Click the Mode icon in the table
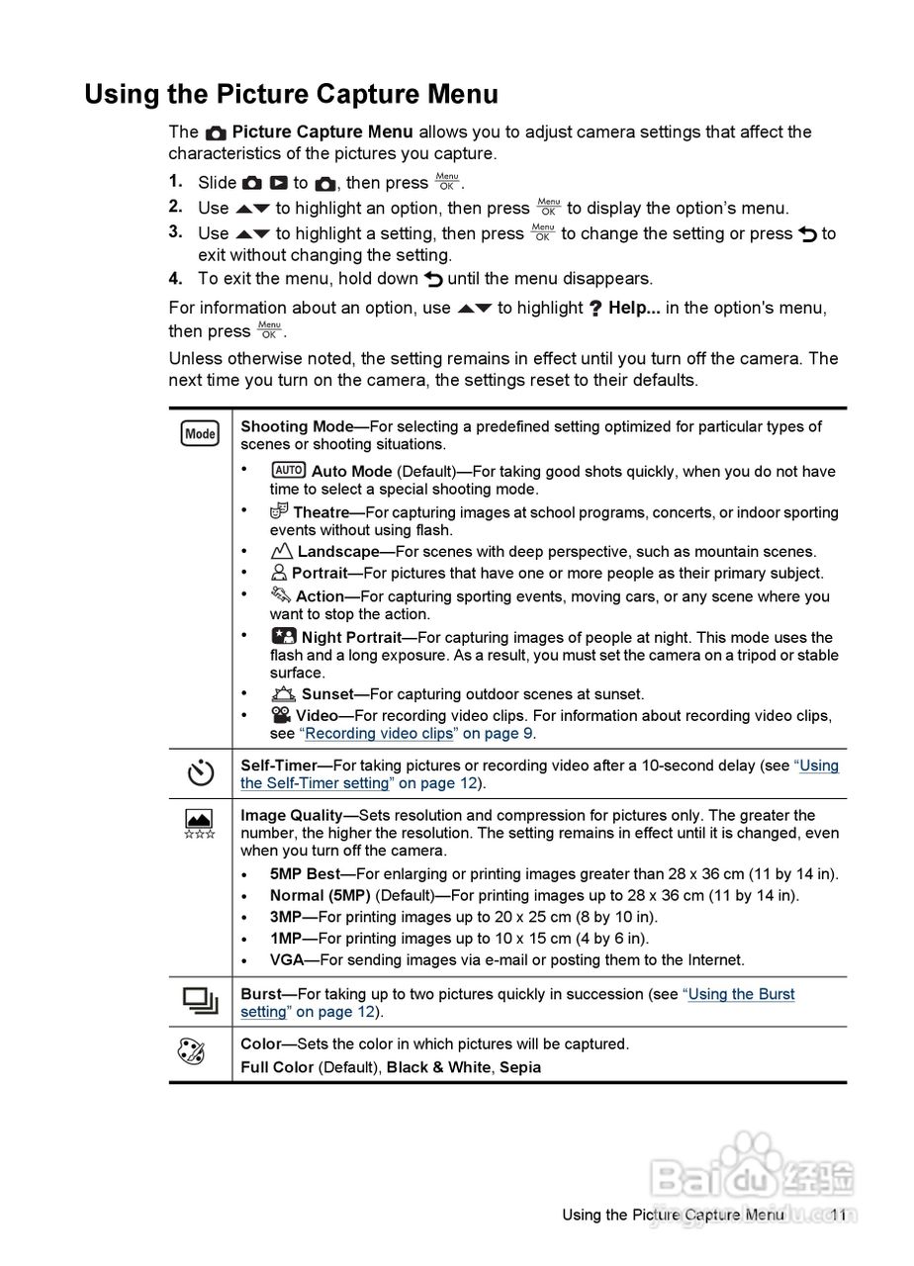point(200,433)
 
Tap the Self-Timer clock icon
point(200,772)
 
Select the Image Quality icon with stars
point(199,824)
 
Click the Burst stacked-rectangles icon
point(200,1001)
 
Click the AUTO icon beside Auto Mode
point(288,471)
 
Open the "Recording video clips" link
point(379,734)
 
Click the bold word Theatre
point(321,512)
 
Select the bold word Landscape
point(338,552)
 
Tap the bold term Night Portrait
point(351,638)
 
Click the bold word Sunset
point(327,694)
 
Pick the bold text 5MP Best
point(305,874)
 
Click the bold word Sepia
point(520,1067)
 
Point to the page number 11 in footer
point(839,1215)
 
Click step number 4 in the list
point(175,278)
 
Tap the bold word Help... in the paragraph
point(634,308)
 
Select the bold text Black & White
point(439,1067)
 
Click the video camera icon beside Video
point(281,715)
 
